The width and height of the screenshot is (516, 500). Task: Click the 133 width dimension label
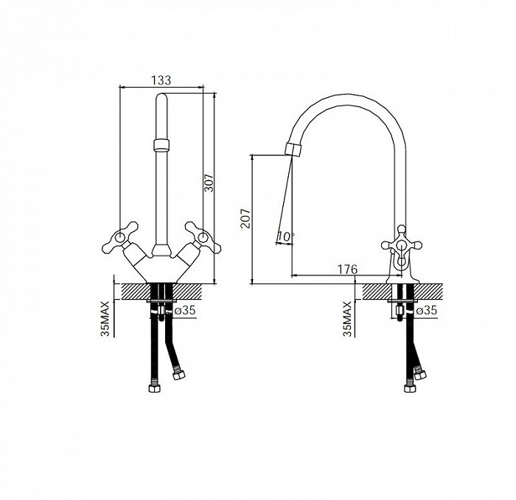click(161, 80)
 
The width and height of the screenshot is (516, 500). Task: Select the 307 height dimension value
click(209, 183)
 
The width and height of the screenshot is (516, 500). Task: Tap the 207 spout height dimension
click(245, 218)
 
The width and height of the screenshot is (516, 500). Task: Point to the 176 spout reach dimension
click(347, 270)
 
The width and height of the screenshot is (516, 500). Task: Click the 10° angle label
click(285, 236)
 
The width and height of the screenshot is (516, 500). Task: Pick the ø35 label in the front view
click(184, 310)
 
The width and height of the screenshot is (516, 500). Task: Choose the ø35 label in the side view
click(426, 310)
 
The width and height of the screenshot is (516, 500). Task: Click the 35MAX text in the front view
click(105, 318)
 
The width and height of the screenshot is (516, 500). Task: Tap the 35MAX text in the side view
click(347, 318)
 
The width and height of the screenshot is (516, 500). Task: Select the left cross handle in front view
click(120, 237)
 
